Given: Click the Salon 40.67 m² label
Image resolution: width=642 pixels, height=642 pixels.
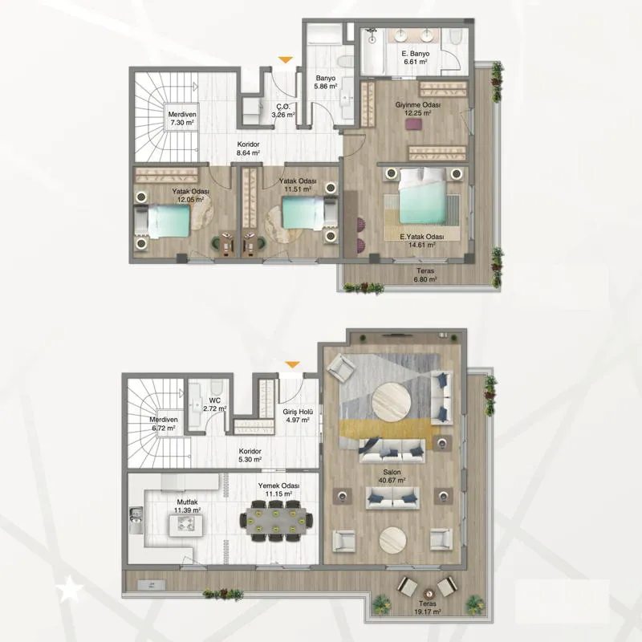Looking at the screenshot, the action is point(392,476).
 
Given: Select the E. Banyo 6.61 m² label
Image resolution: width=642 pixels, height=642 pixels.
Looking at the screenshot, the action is point(415,57).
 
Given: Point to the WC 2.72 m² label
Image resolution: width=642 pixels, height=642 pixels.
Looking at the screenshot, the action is point(214,404).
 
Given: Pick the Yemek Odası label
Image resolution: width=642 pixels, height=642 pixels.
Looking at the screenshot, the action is point(278,486).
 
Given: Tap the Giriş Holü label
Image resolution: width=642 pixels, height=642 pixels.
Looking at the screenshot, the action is point(298,412).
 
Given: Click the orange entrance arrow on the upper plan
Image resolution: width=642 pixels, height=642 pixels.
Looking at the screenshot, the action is point(286,59).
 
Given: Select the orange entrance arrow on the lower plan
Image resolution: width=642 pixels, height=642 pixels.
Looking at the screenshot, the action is point(292,364).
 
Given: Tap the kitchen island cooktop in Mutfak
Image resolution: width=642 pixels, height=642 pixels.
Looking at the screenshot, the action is point(185,526).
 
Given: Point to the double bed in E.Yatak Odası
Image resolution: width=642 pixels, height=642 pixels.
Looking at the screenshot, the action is point(422,197).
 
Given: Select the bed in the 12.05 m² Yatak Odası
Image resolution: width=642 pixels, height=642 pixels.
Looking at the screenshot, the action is point(162,221).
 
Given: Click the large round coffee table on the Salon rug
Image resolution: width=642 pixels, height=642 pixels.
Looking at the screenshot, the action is point(392,402).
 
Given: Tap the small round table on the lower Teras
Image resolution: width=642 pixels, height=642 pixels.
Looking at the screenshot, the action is point(428,593).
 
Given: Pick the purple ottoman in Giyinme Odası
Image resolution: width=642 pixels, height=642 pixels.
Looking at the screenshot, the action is point(413,124).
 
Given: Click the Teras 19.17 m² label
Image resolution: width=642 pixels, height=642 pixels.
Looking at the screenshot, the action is point(427,607).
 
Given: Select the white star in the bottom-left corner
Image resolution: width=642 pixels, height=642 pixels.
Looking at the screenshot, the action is point(70,589).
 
